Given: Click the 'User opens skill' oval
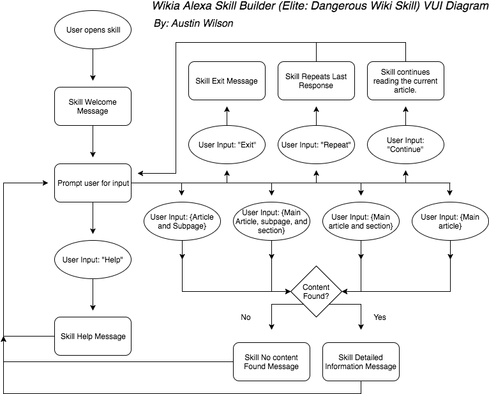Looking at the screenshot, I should (93, 29).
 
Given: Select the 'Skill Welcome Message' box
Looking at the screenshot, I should (93, 106).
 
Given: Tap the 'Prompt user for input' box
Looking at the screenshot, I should (93, 183).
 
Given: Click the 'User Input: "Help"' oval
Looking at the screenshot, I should (93, 259).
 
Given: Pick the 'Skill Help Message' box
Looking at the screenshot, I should (93, 336).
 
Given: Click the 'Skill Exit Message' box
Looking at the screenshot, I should (227, 80).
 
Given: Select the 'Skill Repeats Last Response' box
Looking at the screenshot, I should (316, 80).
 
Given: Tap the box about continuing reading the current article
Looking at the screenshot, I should (405, 80).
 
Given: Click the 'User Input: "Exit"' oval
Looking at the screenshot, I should (227, 144).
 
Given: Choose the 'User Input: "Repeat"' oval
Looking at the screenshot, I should (316, 144).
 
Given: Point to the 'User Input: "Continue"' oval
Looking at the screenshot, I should (405, 144).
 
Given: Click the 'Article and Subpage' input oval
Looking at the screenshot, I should (182, 221).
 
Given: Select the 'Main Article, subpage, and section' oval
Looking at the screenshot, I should (271, 221).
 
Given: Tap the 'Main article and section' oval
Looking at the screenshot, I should (361, 221).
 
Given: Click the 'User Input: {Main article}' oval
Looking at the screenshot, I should (450, 221).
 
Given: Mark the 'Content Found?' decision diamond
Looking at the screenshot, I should (316, 291).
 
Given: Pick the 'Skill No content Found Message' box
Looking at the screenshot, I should (271, 361).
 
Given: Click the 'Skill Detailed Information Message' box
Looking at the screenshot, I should (361, 361).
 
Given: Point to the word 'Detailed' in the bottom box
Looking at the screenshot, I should (370, 357).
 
